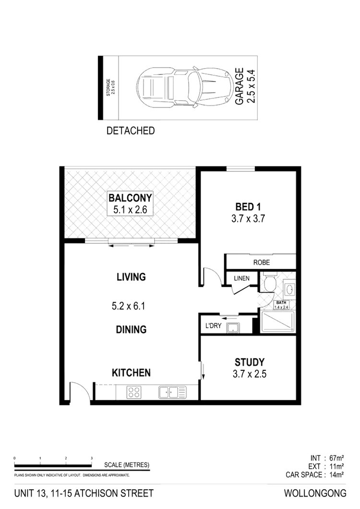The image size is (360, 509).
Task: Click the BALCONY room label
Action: point(130,198)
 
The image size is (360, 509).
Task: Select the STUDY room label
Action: point(249,362)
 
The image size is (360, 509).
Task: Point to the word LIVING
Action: point(131,277)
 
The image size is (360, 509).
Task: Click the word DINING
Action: point(131,329)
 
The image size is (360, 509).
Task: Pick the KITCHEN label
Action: point(132,372)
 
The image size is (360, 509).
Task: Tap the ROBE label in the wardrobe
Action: point(263,263)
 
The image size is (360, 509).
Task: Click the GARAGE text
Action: point(239,86)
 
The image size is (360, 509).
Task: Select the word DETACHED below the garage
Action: point(131,130)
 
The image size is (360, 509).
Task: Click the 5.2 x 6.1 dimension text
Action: point(129,305)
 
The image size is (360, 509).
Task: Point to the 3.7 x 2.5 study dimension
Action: point(249,373)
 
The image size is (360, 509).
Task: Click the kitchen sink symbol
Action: point(172,393)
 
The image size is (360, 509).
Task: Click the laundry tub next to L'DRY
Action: point(232,325)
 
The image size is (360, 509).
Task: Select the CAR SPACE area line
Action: point(314,475)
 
